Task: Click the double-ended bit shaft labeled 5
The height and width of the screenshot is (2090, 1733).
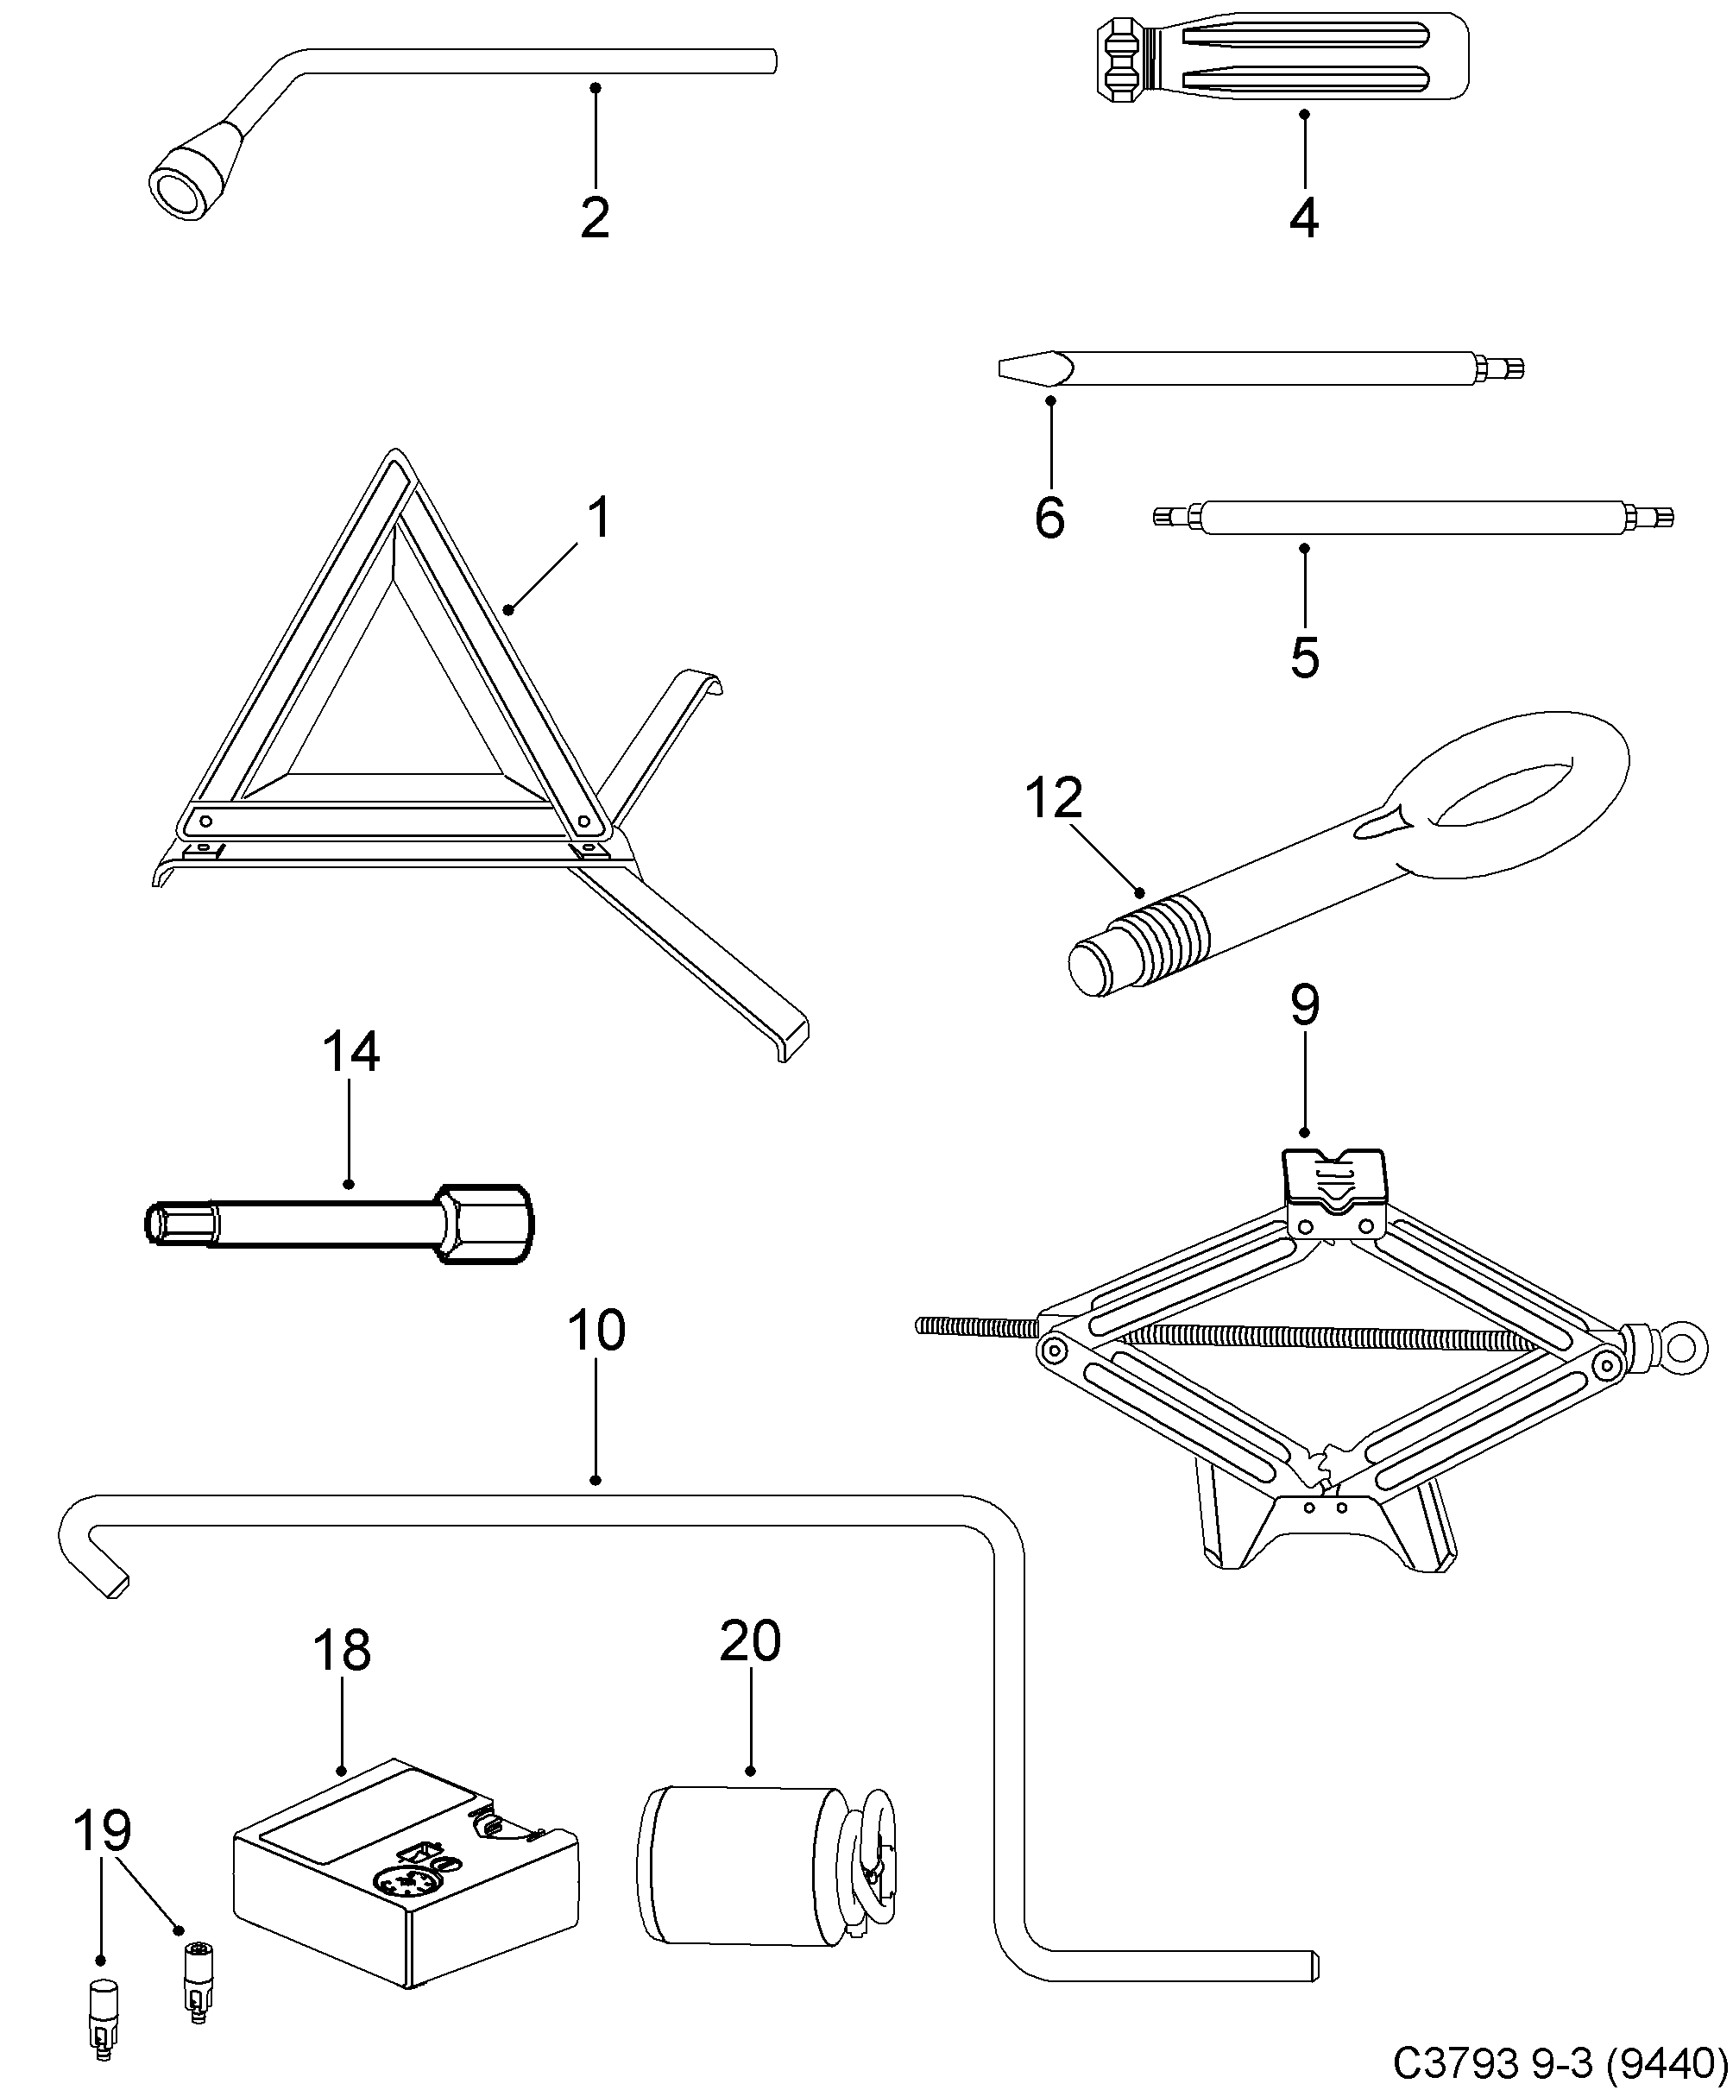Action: tap(1414, 518)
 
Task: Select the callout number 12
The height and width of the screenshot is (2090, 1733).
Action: tap(1053, 799)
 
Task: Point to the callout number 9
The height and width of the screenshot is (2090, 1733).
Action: tap(1304, 1005)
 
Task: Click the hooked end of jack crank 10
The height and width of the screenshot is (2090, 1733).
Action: tap(95, 1563)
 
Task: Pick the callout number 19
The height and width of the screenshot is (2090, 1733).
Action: tap(103, 1831)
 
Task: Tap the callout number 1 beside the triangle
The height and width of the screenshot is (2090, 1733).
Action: tap(598, 519)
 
